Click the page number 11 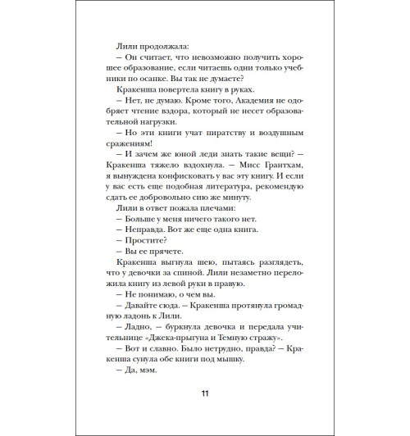pos(205,393)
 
